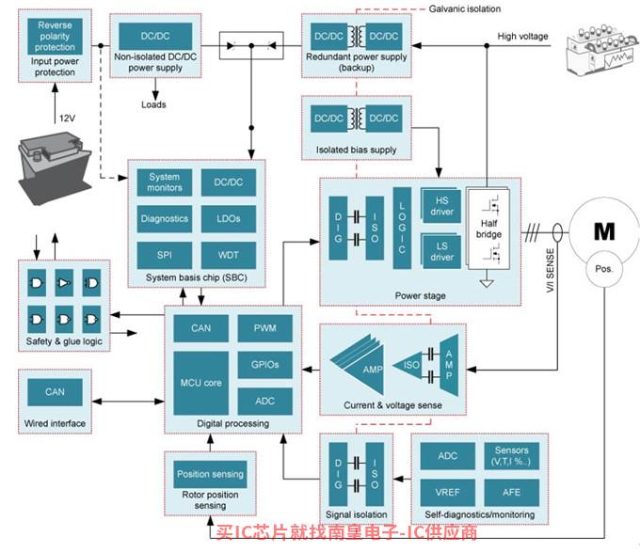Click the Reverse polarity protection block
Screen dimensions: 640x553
(55, 37)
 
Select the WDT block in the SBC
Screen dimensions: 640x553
(229, 255)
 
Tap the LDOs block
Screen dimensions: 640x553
(229, 219)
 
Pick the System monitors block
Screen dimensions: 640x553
(165, 182)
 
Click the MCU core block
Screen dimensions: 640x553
(200, 383)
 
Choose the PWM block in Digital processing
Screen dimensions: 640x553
(264, 328)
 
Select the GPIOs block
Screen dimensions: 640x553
(264, 365)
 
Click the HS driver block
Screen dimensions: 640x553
(442, 206)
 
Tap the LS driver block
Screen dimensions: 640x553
(442, 252)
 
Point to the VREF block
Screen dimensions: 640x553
(448, 492)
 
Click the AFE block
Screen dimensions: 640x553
(511, 492)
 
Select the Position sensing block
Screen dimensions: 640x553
(210, 474)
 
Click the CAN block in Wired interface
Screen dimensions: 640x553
(55, 392)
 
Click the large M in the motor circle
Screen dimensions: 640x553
(604, 231)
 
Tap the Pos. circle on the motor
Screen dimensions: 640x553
(604, 269)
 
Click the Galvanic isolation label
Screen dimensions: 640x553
(465, 9)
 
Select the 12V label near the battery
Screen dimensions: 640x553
(68, 118)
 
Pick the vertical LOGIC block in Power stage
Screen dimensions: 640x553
(402, 228)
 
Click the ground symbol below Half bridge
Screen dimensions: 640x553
(487, 282)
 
